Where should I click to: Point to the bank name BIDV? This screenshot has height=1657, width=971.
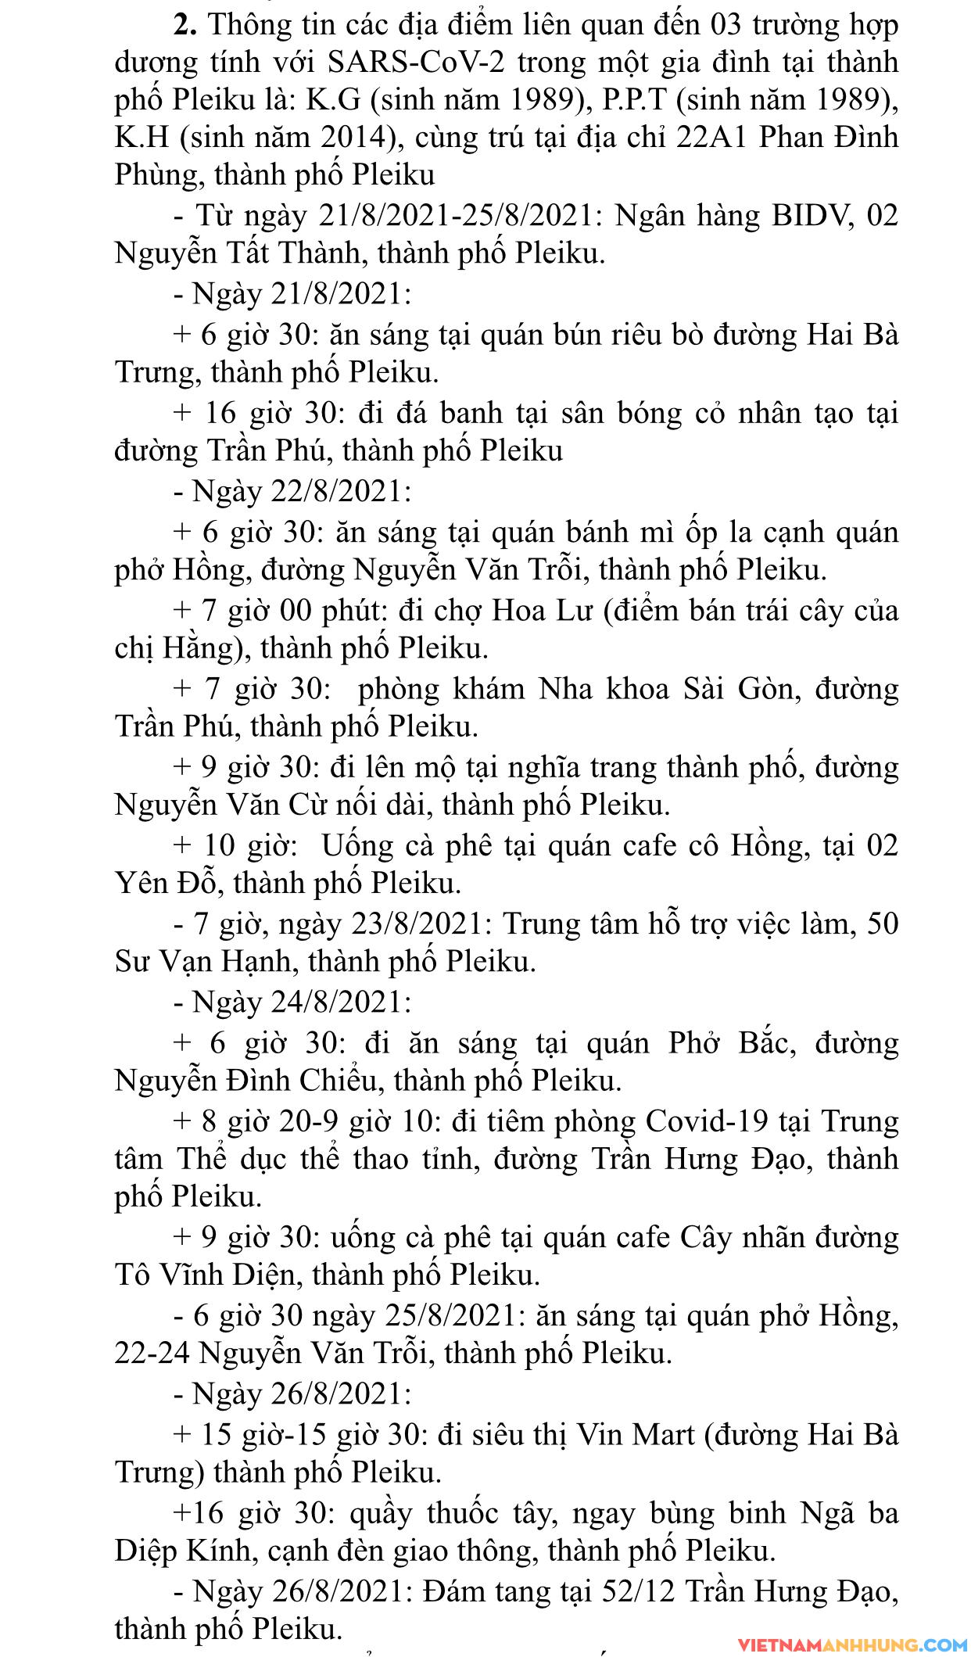[x=810, y=216]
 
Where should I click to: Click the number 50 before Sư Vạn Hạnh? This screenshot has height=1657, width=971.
[x=883, y=924]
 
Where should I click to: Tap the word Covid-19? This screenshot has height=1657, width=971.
[x=708, y=1121]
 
